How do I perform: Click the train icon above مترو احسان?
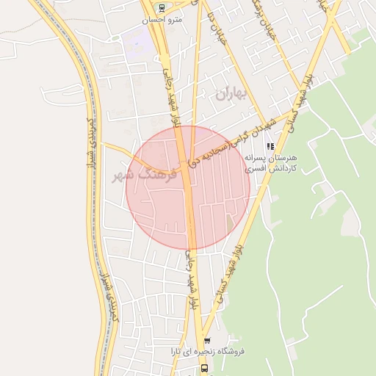(x=162, y=9)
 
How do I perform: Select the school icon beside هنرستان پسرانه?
(x=271, y=146)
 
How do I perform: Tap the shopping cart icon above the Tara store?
(x=207, y=341)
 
